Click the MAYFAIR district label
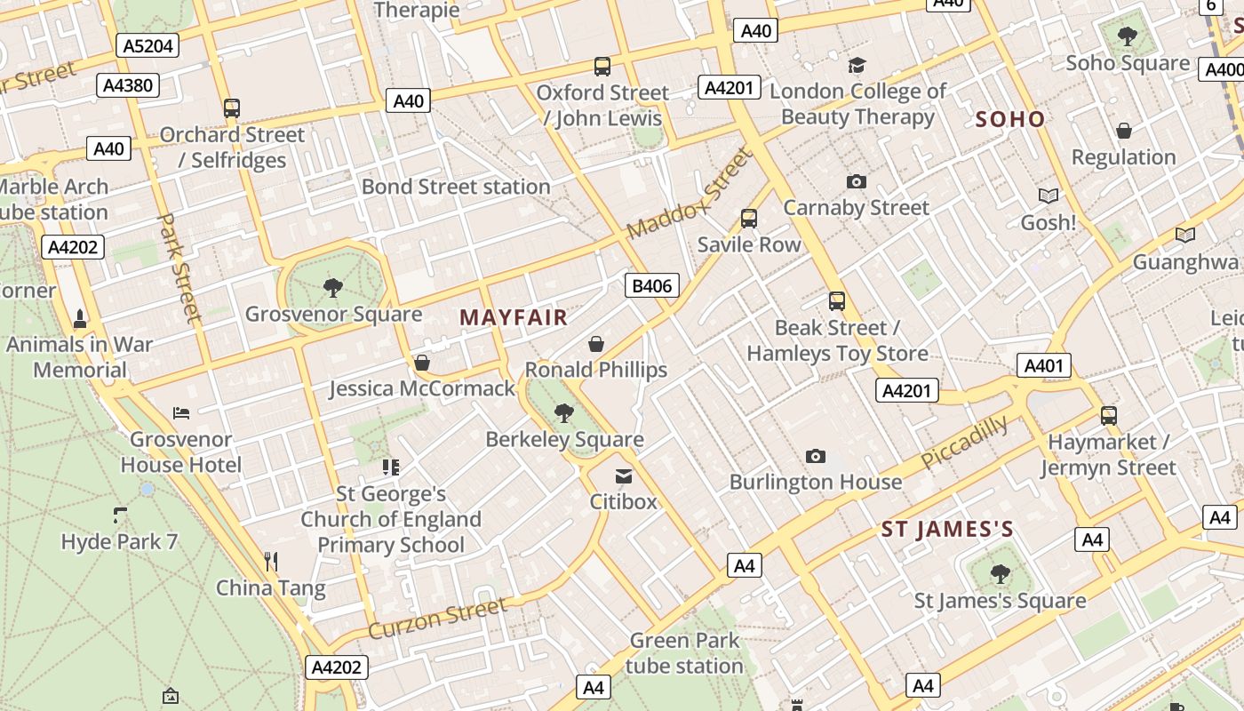513,318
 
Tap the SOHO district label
1009,119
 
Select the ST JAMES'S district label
946,530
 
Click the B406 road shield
652,285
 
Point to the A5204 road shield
148,45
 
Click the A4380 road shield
128,85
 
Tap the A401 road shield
1043,365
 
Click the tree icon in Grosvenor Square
333,287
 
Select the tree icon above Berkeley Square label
563,412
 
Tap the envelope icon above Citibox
624,476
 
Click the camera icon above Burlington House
815,457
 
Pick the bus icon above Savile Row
749,219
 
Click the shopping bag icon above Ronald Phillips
596,344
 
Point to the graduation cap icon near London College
857,65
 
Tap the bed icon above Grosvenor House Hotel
181,413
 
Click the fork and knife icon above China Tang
271,561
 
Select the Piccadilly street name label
964,442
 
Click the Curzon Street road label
437,618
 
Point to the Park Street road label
179,266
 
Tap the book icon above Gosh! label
1049,196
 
